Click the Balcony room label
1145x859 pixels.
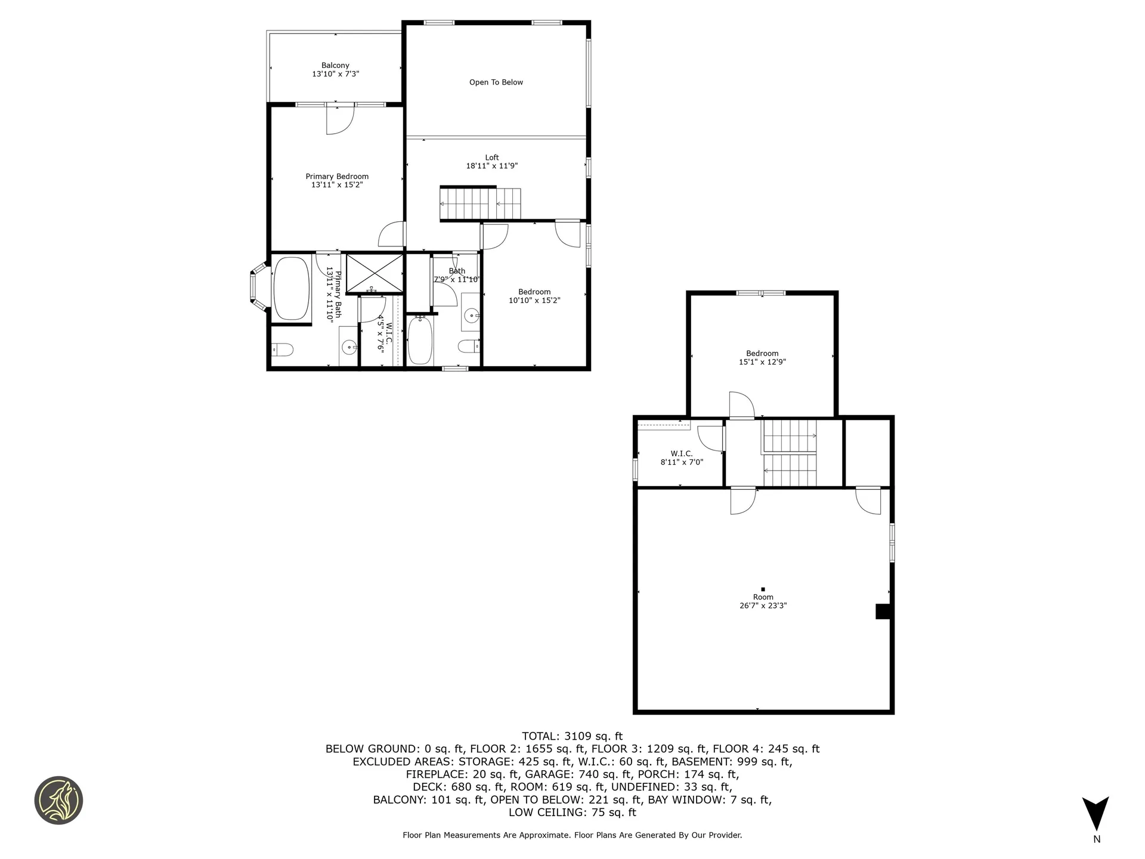[335, 66]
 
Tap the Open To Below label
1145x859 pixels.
[496, 82]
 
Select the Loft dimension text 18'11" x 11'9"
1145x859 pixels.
[491, 166]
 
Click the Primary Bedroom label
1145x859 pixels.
[337, 177]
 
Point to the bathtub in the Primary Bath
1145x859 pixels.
[291, 288]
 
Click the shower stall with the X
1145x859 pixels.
[375, 273]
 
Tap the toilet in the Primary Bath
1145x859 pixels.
[282, 349]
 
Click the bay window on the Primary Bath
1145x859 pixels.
[257, 288]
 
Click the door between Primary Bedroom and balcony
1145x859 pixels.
[340, 119]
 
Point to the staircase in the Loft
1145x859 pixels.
[480, 203]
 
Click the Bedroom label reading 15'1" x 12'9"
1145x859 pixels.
[762, 357]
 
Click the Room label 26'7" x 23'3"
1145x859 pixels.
[763, 601]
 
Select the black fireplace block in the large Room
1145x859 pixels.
[883, 611]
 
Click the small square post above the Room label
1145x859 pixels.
[763, 589]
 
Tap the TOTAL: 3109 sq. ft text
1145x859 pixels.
[572, 736]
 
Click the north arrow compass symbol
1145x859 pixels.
[1096, 814]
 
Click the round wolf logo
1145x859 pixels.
[58, 800]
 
